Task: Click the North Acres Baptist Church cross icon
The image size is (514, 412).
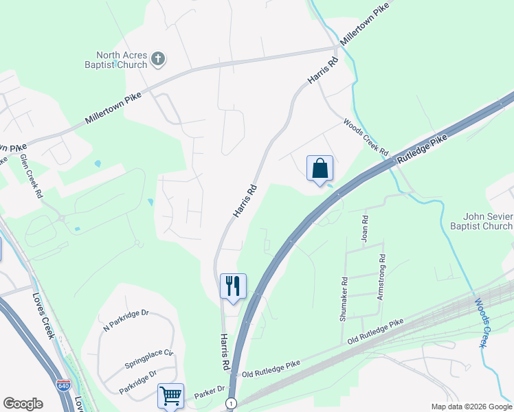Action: [x=158, y=59]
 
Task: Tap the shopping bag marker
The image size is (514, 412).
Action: [x=320, y=168]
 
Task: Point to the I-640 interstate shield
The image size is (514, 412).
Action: [x=63, y=385]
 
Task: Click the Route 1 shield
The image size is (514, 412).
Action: [x=232, y=402]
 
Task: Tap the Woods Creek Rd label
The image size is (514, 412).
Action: [x=366, y=136]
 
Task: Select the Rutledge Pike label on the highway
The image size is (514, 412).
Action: [x=422, y=148]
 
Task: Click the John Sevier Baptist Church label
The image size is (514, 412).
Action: [x=481, y=221]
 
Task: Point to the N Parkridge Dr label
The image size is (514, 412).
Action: [x=126, y=322]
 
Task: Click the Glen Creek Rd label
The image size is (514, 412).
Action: [x=32, y=176]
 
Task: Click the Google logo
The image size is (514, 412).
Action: [x=23, y=404]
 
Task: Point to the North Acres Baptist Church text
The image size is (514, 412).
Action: [x=122, y=60]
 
